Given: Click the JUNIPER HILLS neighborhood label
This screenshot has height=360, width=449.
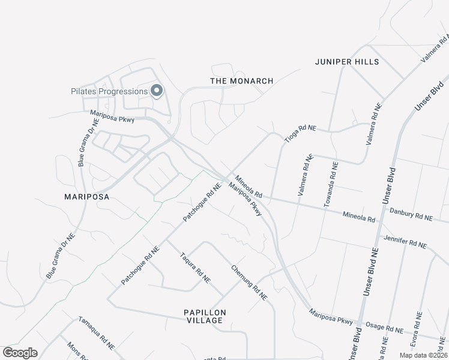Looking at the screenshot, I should pos(347,62).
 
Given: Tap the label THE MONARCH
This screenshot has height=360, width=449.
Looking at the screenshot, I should pos(242,80).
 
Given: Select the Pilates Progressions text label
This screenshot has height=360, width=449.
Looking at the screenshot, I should pos(107,91).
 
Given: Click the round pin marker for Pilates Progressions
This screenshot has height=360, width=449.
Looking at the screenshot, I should pos(157,91).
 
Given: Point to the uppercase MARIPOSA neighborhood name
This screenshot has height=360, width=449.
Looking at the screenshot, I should pos(89,196).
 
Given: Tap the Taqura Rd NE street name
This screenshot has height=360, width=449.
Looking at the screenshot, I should pos(195,267).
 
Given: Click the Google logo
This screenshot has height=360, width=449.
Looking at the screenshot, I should pos(20,352).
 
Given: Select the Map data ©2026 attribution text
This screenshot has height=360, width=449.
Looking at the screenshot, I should pos(423,355).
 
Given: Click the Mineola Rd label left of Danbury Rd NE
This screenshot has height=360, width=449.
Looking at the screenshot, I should pos(359,215).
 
